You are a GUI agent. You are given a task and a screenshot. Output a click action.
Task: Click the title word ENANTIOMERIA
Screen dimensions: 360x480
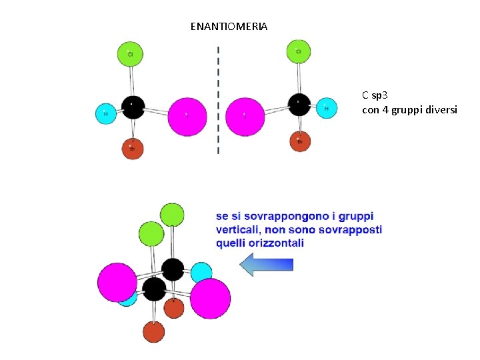click(229, 27)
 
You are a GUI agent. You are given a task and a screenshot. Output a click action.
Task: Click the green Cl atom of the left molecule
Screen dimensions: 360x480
click(131, 53)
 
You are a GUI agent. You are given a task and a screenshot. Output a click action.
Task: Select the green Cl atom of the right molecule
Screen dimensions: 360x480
click(299, 51)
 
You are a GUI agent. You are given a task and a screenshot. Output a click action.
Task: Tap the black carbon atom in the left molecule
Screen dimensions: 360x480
click(133, 107)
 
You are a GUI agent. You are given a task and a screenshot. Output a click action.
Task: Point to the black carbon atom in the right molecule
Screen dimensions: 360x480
click(299, 104)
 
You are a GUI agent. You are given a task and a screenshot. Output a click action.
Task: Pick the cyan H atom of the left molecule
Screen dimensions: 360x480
click(105, 114)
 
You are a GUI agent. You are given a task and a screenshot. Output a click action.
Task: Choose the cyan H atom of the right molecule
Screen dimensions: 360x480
click(326, 107)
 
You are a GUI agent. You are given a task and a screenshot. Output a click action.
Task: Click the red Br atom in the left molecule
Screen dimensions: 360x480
click(133, 148)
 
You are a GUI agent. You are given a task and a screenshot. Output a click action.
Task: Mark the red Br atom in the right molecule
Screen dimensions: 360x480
click(300, 141)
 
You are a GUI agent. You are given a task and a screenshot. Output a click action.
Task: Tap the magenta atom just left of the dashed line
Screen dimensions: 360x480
click(187, 116)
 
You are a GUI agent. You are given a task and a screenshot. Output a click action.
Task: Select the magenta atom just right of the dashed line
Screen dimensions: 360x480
click(245, 116)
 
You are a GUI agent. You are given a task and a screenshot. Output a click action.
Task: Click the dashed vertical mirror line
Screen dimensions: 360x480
click(218, 100)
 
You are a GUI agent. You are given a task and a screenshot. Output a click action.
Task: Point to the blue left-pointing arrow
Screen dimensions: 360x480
click(266, 265)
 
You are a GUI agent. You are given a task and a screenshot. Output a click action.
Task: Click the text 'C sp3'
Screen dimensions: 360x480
click(375, 95)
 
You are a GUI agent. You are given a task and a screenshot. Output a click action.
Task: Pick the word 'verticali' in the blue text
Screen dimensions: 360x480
click(241, 230)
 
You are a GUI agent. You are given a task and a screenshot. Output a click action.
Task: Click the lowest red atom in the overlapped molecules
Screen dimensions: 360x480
click(153, 331)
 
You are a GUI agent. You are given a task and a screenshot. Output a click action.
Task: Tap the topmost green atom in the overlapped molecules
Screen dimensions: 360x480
click(172, 214)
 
